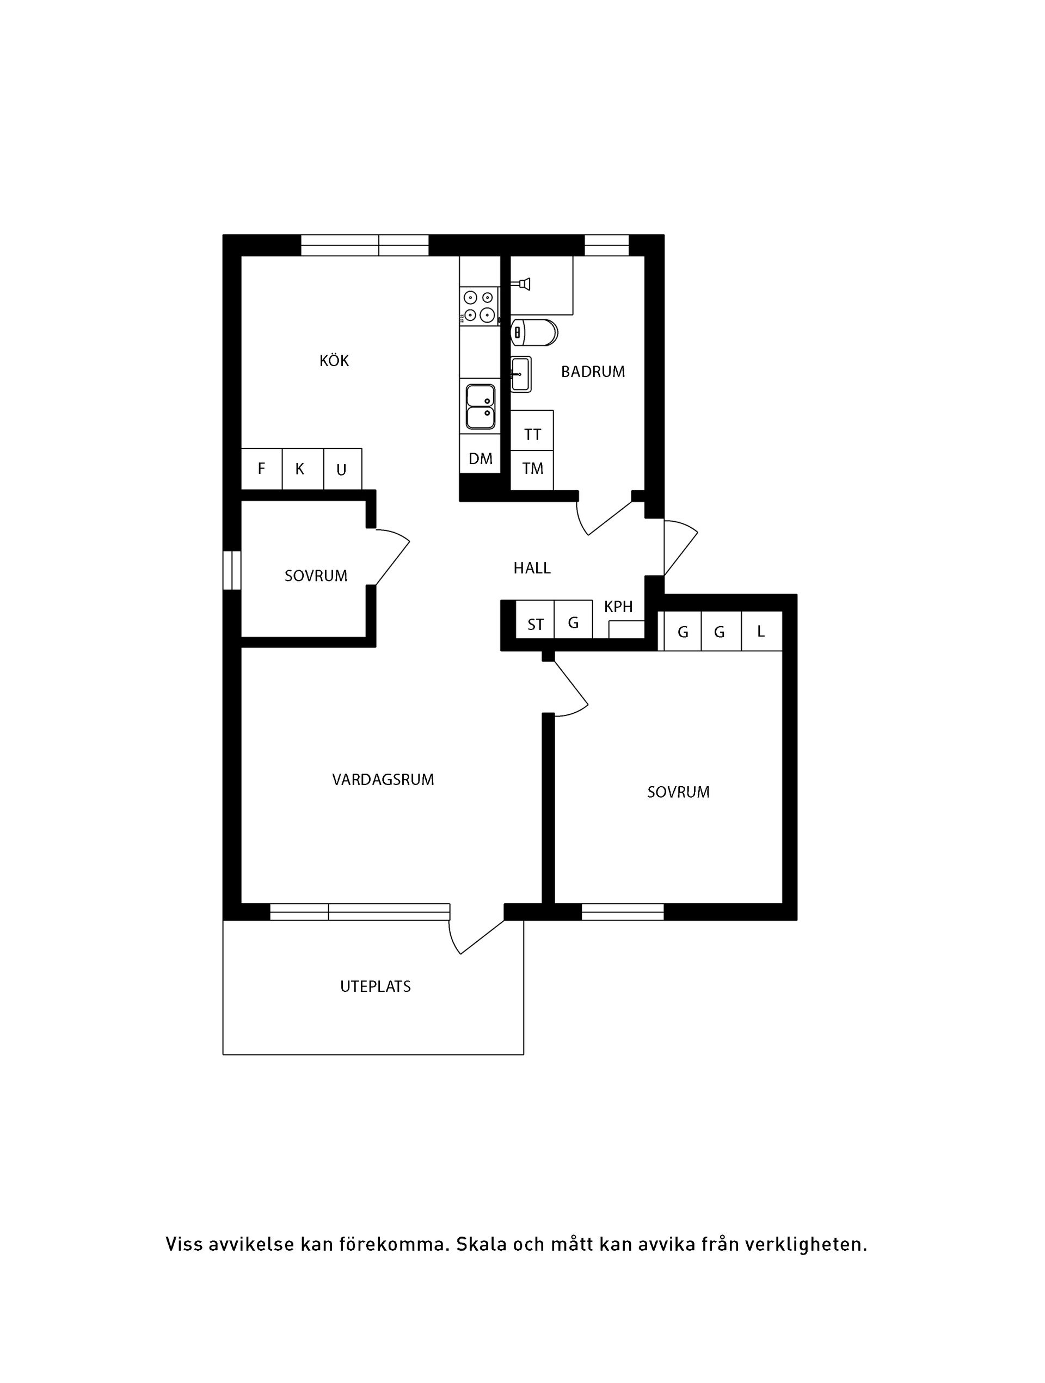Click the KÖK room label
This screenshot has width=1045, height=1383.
(334, 361)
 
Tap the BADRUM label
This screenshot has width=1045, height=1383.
(592, 372)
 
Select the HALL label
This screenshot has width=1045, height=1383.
(532, 569)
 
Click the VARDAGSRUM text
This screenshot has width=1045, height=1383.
(383, 780)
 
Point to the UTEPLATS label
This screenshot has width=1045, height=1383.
(375, 986)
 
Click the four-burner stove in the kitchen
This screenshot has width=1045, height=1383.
(480, 306)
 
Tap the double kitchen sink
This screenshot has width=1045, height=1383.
(480, 407)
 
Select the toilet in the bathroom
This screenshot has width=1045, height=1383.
(533, 332)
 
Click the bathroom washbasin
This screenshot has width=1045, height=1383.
(520, 374)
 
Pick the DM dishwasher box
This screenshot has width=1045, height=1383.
(480, 459)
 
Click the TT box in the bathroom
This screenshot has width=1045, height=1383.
(532, 434)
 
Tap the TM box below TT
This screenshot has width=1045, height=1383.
(532, 469)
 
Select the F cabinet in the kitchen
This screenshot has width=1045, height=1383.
(261, 468)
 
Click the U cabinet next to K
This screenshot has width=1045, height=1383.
(341, 470)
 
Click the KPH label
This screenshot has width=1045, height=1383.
(618, 607)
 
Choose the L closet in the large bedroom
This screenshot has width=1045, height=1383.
(760, 632)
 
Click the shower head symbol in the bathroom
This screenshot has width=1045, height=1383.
(523, 285)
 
